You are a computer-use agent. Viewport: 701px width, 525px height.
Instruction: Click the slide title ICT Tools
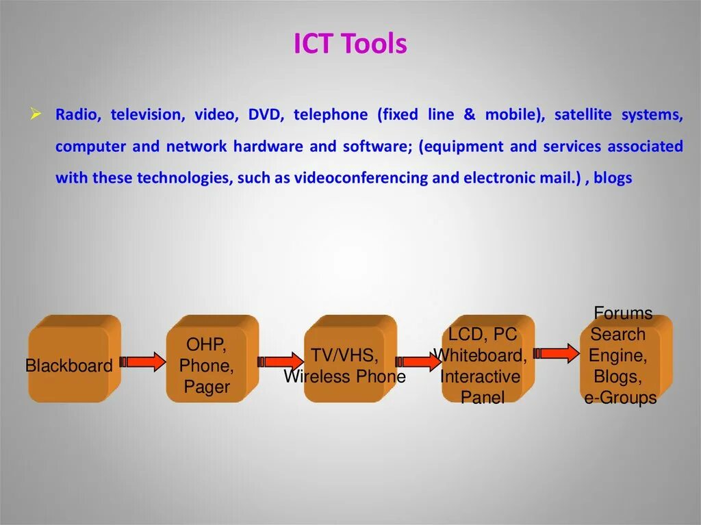tap(350, 44)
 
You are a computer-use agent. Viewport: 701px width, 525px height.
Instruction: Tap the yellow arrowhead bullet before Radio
tap(36, 114)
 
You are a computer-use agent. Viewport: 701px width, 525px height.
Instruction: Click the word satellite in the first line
tap(583, 115)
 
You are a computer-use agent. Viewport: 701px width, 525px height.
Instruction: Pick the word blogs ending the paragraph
tap(613, 179)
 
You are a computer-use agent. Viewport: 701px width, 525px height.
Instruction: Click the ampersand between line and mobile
tap(469, 115)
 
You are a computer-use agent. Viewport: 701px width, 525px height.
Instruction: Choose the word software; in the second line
tap(374, 146)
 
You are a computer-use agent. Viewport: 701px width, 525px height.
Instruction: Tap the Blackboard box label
tap(68, 366)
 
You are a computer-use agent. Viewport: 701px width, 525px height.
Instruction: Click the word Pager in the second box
tap(207, 387)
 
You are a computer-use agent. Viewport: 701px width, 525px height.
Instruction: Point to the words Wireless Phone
tap(344, 376)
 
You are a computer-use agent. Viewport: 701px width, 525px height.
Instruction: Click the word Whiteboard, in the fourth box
tap(481, 355)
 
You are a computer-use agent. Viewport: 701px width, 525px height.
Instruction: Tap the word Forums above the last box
tap(623, 313)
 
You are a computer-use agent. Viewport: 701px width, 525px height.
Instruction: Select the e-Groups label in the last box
tap(620, 398)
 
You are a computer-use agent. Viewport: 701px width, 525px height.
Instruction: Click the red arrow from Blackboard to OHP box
tap(143, 361)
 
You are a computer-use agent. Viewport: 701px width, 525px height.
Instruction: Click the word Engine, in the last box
tap(618, 355)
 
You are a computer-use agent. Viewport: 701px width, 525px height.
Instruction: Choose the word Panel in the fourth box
tap(483, 398)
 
